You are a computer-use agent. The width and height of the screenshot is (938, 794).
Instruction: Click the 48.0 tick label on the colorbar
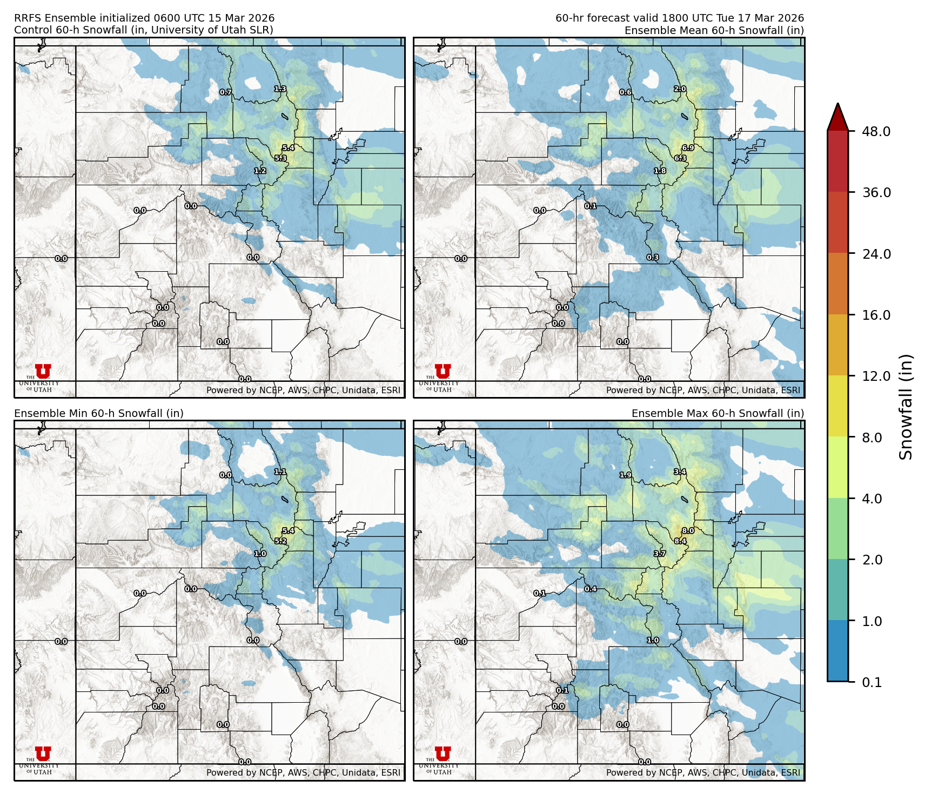tap(876, 131)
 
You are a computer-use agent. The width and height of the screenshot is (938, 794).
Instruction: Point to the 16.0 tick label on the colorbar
tap(876, 315)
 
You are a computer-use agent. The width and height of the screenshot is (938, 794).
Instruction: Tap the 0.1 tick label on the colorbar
tap(872, 682)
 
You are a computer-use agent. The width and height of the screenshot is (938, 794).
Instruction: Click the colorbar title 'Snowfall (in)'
tap(906, 407)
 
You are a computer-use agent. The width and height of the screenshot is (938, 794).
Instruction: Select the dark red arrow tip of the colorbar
tap(837, 116)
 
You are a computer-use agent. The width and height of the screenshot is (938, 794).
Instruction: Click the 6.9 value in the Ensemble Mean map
tap(688, 148)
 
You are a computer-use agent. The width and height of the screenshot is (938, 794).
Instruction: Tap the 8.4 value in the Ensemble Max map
tap(680, 541)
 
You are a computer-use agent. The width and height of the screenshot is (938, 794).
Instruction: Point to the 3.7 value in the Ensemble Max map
tap(660, 554)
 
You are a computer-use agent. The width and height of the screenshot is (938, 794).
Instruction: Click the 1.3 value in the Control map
tap(280, 89)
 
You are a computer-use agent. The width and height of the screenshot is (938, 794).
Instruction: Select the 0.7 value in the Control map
tap(225, 92)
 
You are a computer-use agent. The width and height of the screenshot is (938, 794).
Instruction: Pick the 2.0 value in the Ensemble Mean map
tap(680, 89)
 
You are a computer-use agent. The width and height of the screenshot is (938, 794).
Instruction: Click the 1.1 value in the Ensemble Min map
tap(280, 472)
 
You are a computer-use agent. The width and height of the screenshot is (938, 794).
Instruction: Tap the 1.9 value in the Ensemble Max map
tap(625, 475)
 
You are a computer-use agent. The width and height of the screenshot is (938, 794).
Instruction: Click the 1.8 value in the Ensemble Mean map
tap(660, 171)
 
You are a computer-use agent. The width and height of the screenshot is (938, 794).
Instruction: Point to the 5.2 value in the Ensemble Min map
tap(280, 541)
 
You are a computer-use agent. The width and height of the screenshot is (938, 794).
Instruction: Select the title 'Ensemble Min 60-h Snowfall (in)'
tap(99, 414)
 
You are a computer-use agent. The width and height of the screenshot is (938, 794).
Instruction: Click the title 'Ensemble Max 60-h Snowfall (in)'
tap(718, 414)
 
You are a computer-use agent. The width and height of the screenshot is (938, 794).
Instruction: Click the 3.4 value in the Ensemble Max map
tap(680, 472)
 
